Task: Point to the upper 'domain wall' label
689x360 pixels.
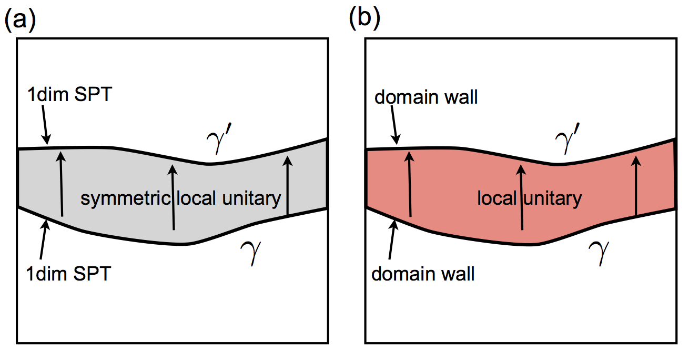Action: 427,97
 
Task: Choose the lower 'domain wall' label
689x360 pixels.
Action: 423,274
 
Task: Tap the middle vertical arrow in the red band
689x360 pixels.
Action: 521,197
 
